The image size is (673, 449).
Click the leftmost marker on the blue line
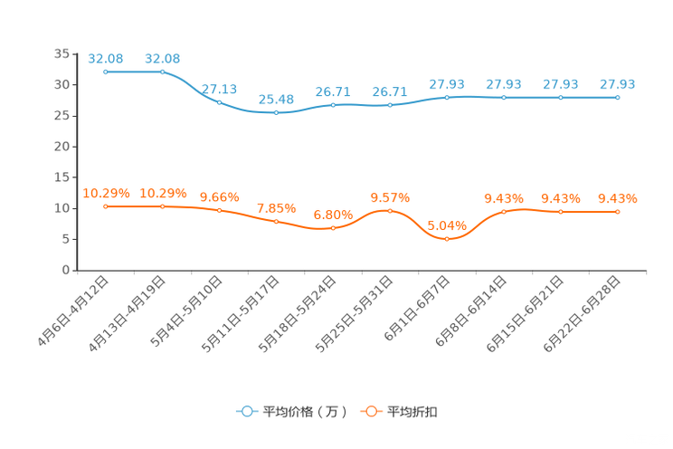(106, 72)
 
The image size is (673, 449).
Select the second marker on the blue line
(163, 72)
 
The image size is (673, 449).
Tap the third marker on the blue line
(220, 102)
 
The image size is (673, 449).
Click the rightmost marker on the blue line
(618, 96)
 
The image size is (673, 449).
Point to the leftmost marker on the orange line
(106, 206)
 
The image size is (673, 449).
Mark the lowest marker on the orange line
(447, 239)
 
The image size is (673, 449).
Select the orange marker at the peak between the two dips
(390, 210)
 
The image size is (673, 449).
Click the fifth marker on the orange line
(333, 228)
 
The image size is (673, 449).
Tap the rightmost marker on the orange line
(618, 211)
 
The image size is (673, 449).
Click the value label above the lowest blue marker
(276, 99)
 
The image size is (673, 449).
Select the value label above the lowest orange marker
(447, 224)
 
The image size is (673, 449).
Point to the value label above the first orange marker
(106, 193)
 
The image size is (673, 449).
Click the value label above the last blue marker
(618, 84)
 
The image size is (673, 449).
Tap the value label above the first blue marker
(106, 59)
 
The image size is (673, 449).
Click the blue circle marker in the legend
(247, 411)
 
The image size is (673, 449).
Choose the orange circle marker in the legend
(371, 411)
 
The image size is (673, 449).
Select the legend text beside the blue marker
(304, 412)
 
